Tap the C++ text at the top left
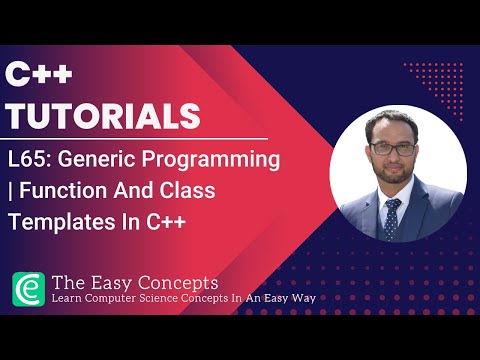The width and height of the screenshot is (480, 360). tap(36, 74)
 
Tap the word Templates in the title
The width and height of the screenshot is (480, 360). tap(56, 223)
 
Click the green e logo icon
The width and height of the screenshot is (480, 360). tap(28, 289)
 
